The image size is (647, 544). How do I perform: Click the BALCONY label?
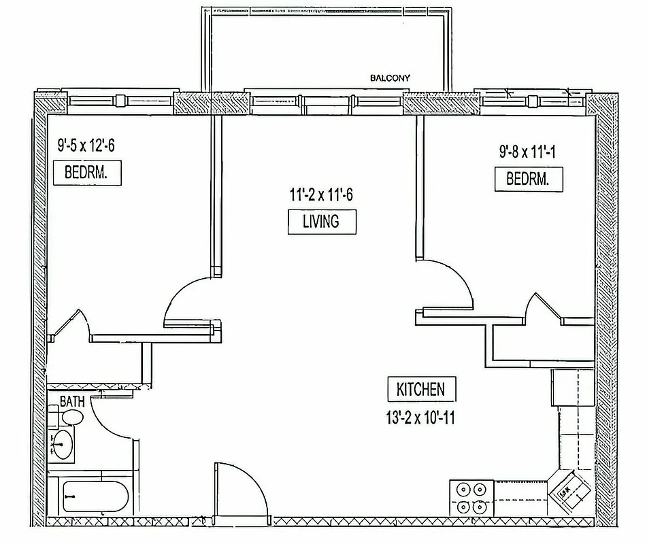[390, 78]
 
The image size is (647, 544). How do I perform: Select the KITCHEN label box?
[420, 389]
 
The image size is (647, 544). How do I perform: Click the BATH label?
[72, 401]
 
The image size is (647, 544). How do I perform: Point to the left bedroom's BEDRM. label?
[88, 173]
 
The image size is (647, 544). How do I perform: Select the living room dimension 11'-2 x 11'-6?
[320, 196]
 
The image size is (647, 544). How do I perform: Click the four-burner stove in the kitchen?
[471, 498]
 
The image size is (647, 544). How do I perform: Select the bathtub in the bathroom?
[92, 499]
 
